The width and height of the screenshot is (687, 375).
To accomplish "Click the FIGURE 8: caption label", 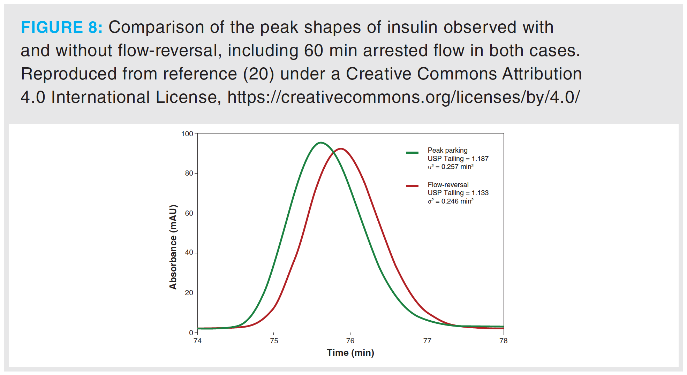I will [x=62, y=27].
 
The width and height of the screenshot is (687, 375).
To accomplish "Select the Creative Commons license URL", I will [x=403, y=97].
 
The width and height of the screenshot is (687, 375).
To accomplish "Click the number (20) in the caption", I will [x=258, y=74].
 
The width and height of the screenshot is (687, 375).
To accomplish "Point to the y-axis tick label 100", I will [x=187, y=134].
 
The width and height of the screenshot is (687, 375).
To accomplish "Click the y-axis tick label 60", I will [x=189, y=213].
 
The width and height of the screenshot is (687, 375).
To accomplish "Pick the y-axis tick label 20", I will [x=189, y=293].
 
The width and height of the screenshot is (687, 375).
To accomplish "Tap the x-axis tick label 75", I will [x=274, y=341].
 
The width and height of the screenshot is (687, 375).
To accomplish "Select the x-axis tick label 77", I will [x=427, y=341].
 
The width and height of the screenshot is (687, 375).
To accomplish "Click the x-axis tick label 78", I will [x=503, y=341].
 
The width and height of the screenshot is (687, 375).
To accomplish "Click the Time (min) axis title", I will [x=350, y=353].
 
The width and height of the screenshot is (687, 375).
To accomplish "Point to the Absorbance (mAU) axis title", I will [x=173, y=247].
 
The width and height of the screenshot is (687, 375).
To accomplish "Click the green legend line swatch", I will [x=412, y=153].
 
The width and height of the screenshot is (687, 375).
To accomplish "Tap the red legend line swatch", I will [x=412, y=186].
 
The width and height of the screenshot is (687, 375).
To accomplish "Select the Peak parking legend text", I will [x=447, y=150].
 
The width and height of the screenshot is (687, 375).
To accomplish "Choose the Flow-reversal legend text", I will [x=448, y=185].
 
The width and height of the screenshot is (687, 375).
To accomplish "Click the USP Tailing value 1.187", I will [x=480, y=159].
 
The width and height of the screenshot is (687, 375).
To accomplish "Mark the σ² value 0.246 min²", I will [x=457, y=201].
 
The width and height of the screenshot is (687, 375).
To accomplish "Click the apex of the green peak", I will [x=320, y=143].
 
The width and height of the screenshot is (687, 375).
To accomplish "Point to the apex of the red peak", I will [x=340, y=149].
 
